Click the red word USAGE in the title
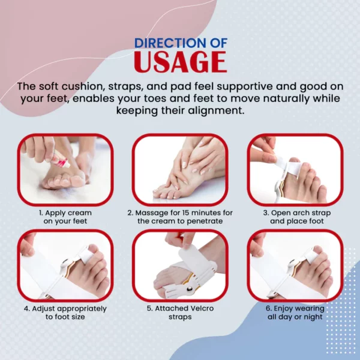(181, 62)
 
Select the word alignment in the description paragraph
(215, 110)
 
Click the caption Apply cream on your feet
(65, 217)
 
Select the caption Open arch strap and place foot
(297, 217)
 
